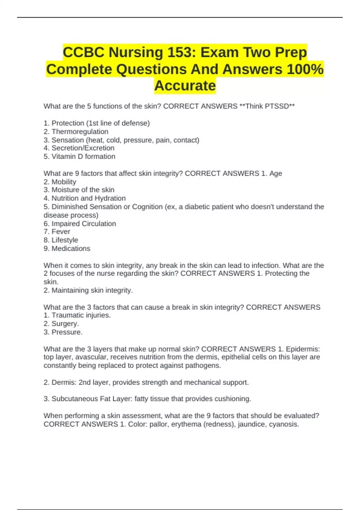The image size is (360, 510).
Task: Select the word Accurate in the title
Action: coord(185,86)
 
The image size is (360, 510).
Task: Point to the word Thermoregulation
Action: coord(80,132)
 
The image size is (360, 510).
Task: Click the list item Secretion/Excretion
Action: coord(83,148)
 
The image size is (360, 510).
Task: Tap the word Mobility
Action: coord(64,182)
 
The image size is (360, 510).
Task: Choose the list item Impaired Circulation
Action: coord(84,223)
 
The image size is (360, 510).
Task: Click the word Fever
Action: coord(61,232)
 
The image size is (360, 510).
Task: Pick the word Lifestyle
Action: coord(65,240)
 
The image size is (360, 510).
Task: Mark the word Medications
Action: coord(71,248)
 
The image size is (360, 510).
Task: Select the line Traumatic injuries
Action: coord(81,315)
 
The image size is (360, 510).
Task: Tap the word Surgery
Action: coord(65,324)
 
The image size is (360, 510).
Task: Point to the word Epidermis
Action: coord(303,349)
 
